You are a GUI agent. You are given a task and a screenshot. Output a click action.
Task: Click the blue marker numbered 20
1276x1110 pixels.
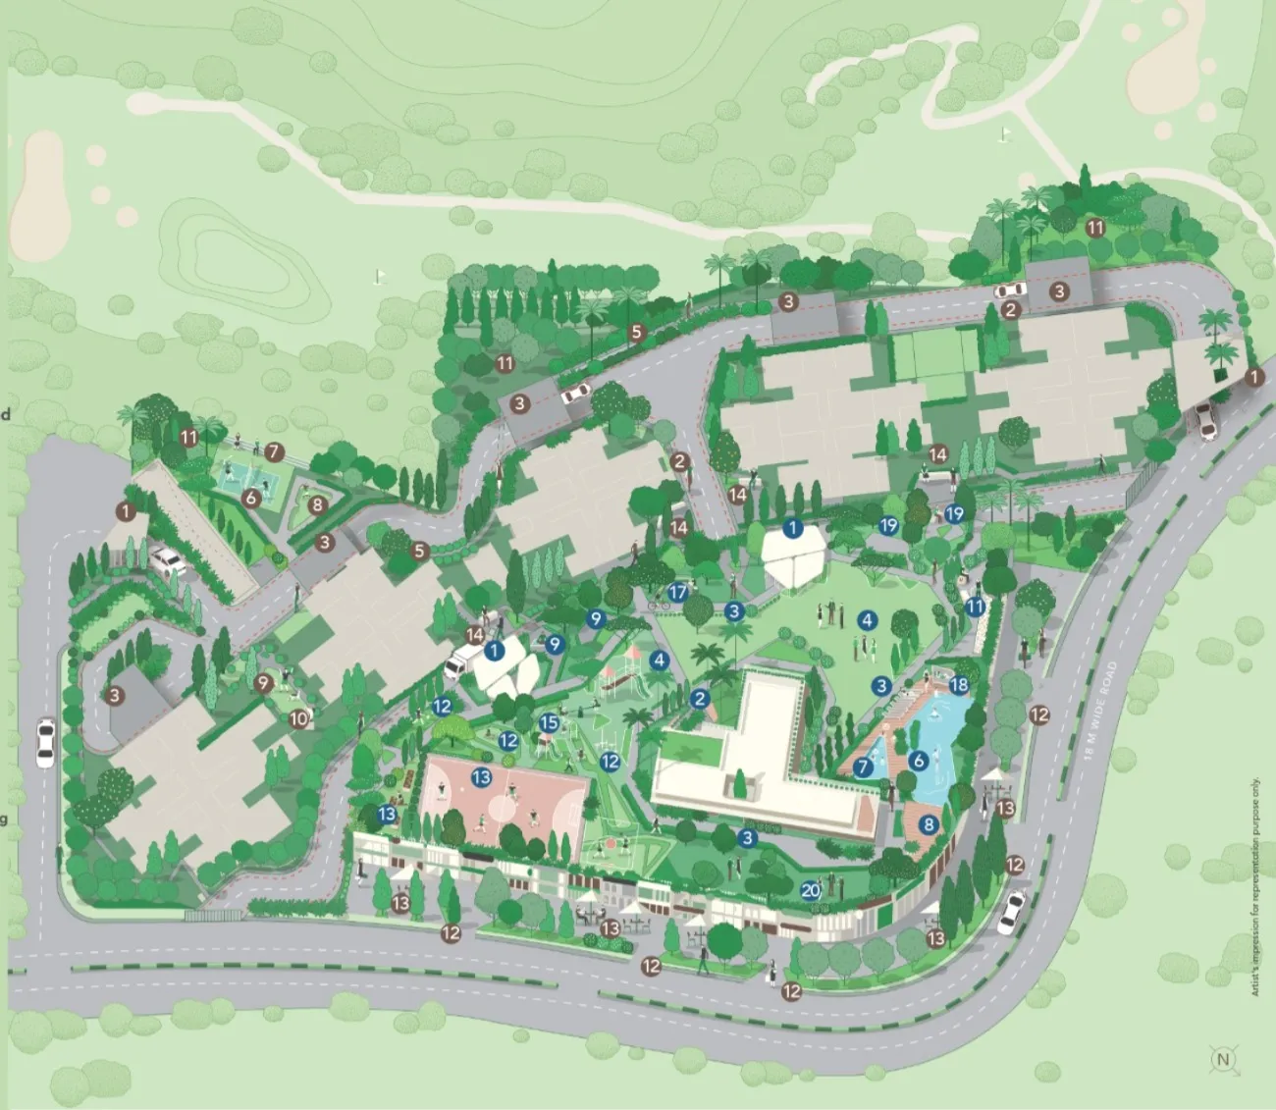pyautogui.click(x=811, y=890)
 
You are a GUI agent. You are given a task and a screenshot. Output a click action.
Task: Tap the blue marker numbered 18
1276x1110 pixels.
pyautogui.click(x=959, y=685)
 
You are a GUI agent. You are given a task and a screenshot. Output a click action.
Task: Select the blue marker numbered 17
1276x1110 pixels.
pyautogui.click(x=677, y=592)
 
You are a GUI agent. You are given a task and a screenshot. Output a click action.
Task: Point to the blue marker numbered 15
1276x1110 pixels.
pyautogui.click(x=549, y=723)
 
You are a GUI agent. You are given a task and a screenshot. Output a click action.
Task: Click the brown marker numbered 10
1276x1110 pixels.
pyautogui.click(x=299, y=718)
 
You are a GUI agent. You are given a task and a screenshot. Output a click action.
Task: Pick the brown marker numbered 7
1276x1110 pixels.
pyautogui.click(x=274, y=452)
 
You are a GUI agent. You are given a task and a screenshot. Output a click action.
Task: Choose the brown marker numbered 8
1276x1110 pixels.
pyautogui.click(x=317, y=505)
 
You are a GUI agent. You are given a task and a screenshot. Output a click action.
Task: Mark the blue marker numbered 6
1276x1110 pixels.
pyautogui.click(x=919, y=760)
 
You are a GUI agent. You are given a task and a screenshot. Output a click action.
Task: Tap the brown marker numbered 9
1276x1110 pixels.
pyautogui.click(x=263, y=683)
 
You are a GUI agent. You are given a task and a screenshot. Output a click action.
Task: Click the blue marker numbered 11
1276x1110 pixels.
pyautogui.click(x=975, y=607)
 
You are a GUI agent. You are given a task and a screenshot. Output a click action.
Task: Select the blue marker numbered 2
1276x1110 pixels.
pyautogui.click(x=699, y=699)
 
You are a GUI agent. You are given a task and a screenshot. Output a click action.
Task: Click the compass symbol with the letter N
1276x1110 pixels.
pyautogui.click(x=1223, y=1059)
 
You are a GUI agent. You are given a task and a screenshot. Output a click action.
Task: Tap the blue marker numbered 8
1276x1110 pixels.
pyautogui.click(x=929, y=824)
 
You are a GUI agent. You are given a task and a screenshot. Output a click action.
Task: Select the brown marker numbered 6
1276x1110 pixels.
pyautogui.click(x=251, y=498)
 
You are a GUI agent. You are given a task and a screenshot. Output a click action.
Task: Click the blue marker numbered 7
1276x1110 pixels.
pyautogui.click(x=863, y=767)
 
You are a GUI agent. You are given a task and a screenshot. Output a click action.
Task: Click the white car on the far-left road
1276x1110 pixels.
pyautogui.click(x=45, y=743)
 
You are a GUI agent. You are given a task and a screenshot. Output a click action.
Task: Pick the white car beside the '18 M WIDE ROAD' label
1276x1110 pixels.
pyautogui.click(x=1011, y=912)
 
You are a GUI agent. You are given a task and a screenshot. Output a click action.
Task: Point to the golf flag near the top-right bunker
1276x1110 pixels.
pyautogui.click(x=1004, y=132)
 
